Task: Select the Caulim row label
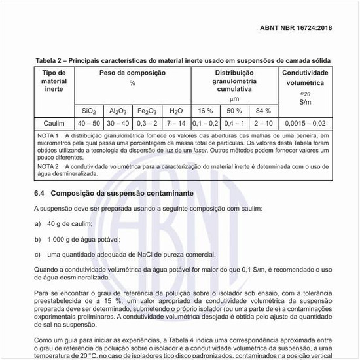coord(54,122)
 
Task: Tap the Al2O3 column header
coord(118,111)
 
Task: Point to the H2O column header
coord(177,111)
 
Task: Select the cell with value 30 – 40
coord(118,122)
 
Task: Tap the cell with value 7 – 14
coord(177,122)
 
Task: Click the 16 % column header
coord(206,111)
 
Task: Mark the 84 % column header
coord(263,111)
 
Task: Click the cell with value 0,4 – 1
coord(234,122)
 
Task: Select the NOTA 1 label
coord(48,135)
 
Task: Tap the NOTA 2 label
coord(48,168)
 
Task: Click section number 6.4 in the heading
coord(39,194)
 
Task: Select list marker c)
coord(37,254)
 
